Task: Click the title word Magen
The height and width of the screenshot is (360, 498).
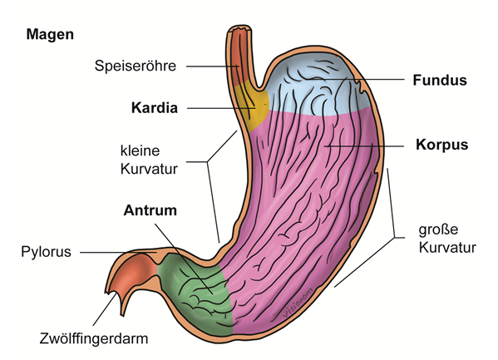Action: (50, 34)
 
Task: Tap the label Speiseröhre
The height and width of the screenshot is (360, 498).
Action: (136, 66)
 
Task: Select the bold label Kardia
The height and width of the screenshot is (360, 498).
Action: (155, 108)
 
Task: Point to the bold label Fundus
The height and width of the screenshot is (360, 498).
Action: (440, 80)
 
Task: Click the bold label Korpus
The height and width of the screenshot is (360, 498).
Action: (442, 145)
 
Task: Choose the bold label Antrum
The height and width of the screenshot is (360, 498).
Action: (150, 210)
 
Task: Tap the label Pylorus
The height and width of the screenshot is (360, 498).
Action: (46, 252)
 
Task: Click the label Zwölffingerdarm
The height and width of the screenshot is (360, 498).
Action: (94, 338)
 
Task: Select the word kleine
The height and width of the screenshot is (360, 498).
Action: (140, 150)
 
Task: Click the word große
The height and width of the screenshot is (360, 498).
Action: (438, 229)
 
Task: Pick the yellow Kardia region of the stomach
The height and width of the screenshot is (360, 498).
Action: (255, 106)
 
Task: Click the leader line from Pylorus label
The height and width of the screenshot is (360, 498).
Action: (118, 253)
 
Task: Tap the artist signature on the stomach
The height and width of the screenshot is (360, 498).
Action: (298, 302)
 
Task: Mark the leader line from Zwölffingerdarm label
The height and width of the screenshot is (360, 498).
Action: (105, 309)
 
